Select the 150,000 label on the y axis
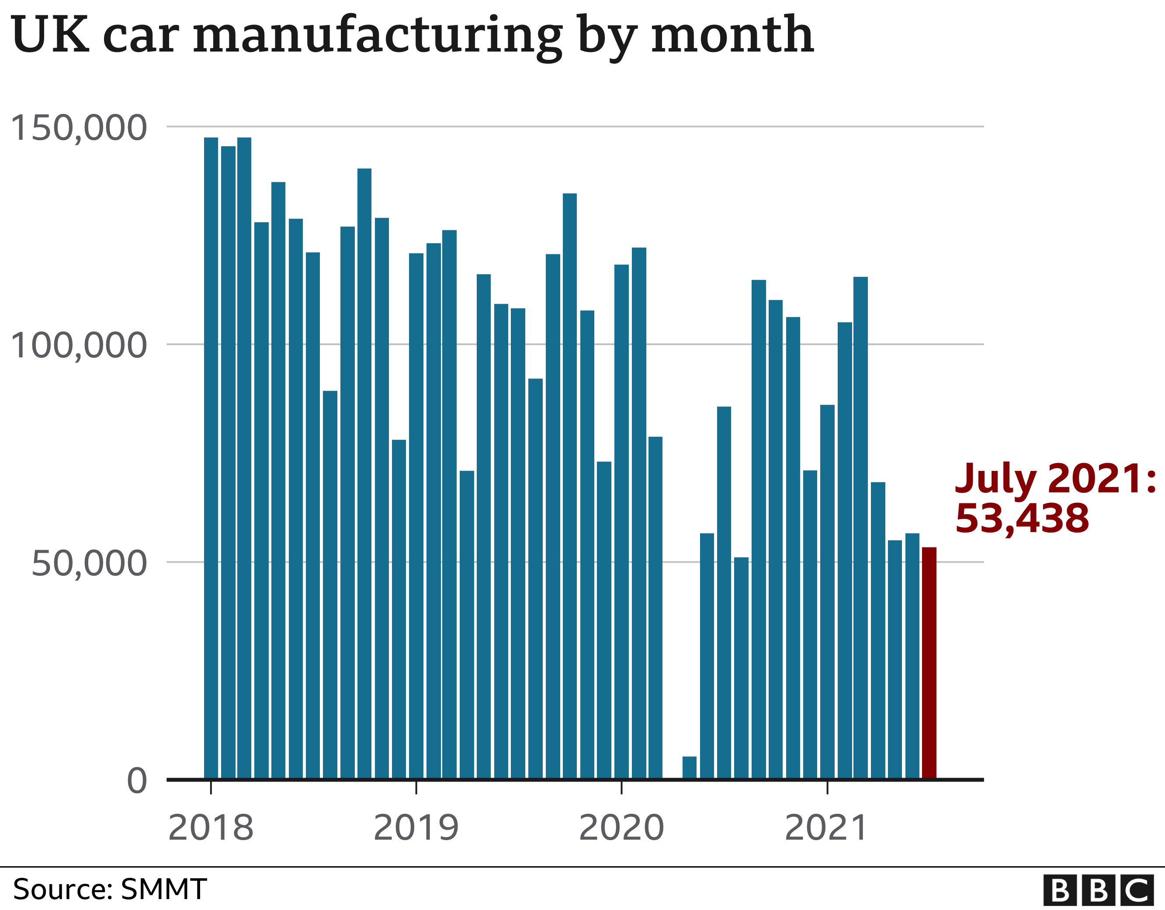point(78,128)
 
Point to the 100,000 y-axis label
point(78,346)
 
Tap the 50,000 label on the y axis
point(89,563)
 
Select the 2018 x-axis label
point(211,828)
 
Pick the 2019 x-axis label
point(416,828)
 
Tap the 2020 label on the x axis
point(621,828)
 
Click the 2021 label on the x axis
point(826,828)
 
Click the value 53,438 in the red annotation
point(1022,519)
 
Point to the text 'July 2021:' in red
point(1055,478)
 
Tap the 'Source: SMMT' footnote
point(109,889)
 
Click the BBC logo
point(1103,890)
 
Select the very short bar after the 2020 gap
point(689,768)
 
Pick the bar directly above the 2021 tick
point(827,592)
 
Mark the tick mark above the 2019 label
point(416,788)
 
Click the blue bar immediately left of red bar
point(912,656)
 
